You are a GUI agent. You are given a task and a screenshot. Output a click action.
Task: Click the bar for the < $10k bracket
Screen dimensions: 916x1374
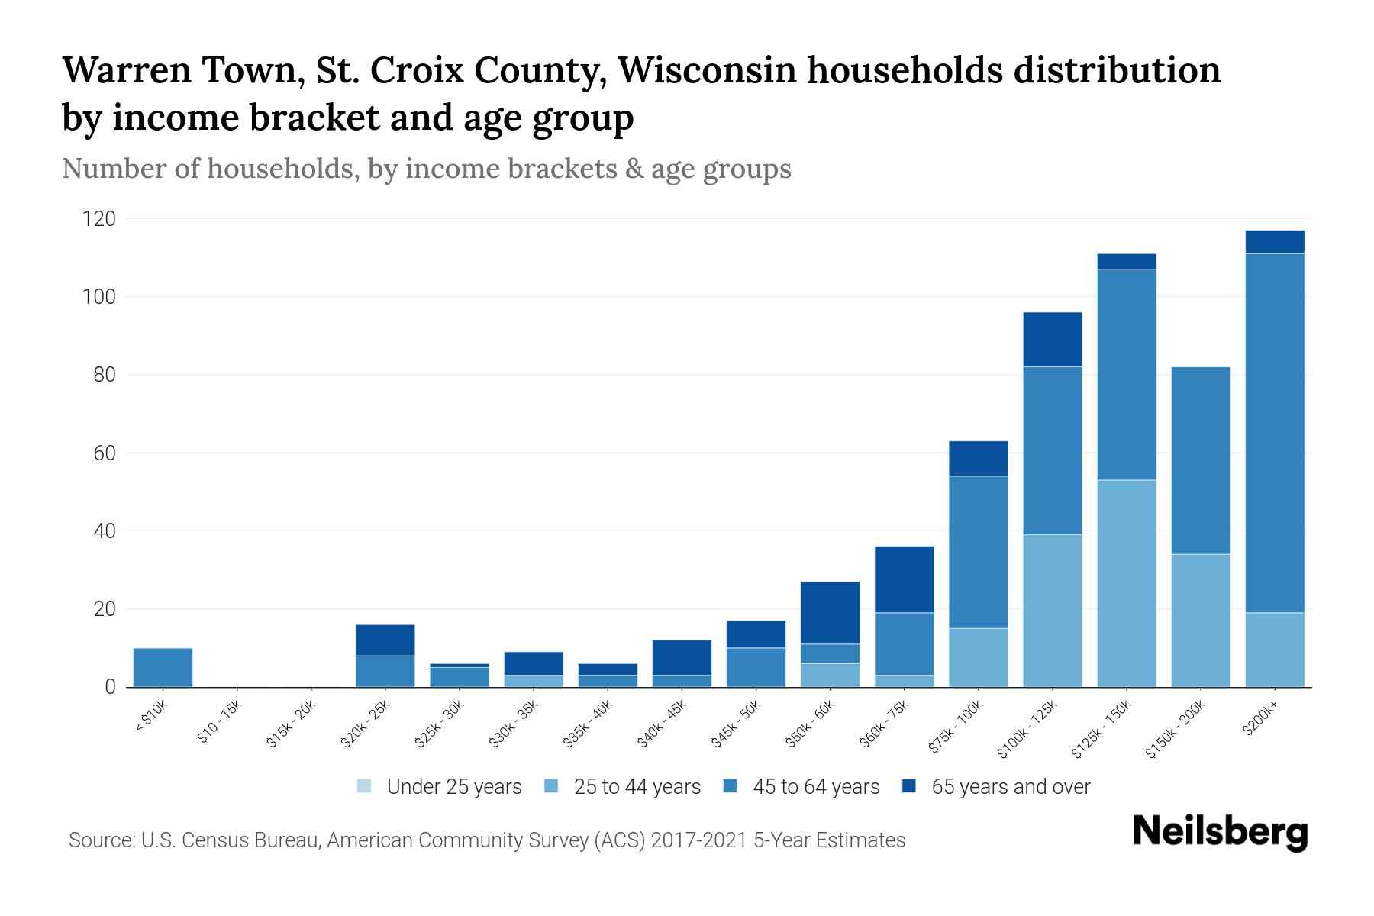point(163,667)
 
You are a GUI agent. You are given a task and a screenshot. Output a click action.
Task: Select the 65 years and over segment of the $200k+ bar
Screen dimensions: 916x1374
point(1274,241)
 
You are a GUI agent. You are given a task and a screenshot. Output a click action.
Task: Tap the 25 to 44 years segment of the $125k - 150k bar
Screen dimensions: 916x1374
point(1126,583)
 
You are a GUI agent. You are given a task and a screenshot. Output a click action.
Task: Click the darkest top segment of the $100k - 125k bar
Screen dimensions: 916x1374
point(1052,339)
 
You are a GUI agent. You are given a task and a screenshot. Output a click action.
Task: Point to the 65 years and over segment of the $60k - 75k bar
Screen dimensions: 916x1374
point(904,579)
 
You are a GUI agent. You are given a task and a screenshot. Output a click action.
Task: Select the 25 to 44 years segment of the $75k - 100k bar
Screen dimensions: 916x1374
point(978,657)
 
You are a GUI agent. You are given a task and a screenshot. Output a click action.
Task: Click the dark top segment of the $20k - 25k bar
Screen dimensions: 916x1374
point(385,640)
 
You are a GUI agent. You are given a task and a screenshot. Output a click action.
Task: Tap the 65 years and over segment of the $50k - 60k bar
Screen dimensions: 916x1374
point(830,612)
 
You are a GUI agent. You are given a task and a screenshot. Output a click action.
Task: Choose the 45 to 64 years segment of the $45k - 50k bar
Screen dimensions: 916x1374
point(756,667)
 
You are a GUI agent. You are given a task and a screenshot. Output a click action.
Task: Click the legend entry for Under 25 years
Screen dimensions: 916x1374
point(440,787)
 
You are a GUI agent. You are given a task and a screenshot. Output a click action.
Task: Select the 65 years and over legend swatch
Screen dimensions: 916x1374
point(908,786)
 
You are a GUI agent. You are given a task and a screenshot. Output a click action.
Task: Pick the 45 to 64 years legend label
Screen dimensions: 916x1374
point(816,787)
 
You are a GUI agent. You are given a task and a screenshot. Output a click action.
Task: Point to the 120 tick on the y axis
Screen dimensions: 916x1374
point(99,219)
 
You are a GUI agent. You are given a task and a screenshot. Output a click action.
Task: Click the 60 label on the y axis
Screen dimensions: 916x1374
point(105,453)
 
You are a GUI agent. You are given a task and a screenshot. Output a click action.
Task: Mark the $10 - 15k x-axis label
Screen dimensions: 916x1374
point(219,725)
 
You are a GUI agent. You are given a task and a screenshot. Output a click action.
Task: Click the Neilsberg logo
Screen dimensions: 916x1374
point(1220,832)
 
